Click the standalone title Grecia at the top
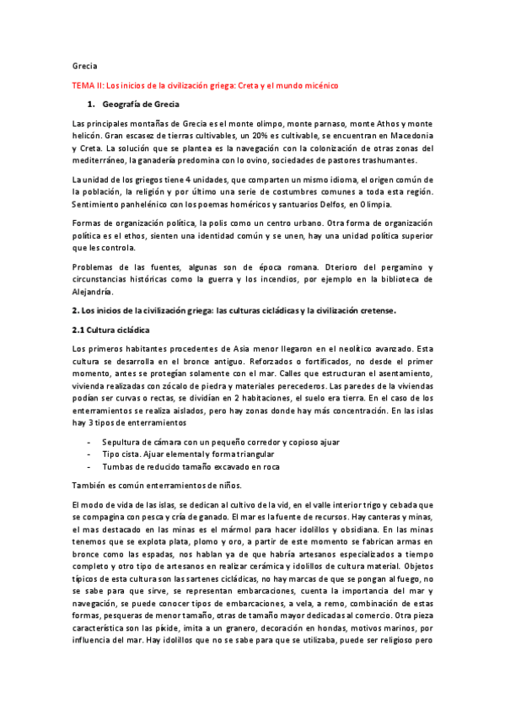click(x=85, y=65)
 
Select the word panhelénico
click(x=141, y=203)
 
